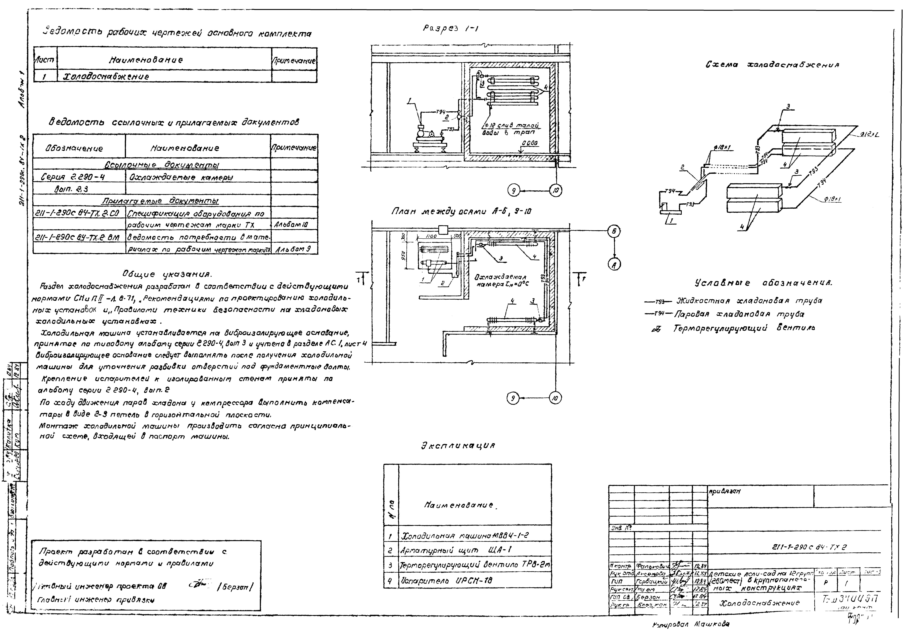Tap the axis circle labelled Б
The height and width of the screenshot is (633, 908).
click(x=614, y=232)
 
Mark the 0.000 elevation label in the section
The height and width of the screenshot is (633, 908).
click(x=529, y=143)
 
